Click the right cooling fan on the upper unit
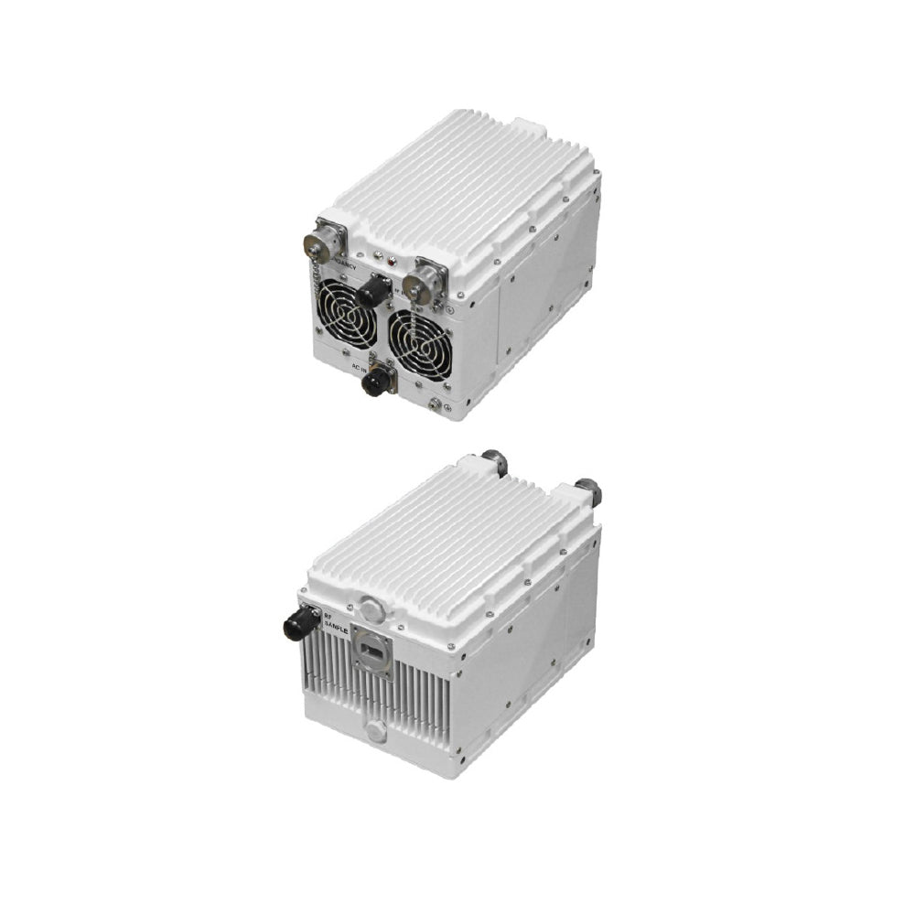click(419, 334)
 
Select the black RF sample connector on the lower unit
click(301, 625)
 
